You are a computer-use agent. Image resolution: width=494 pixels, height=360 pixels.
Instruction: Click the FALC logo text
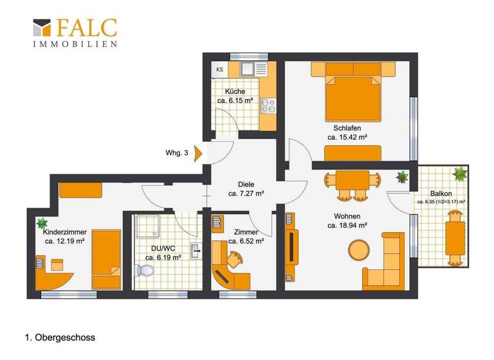pyautogui.click(x=86, y=27)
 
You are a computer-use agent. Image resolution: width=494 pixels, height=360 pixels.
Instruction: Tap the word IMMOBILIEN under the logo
pyautogui.click(x=75, y=44)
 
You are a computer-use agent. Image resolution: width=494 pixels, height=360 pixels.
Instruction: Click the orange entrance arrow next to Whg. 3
pyautogui.click(x=198, y=152)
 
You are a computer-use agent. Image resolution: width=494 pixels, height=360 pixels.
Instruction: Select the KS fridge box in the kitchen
pyautogui.click(x=220, y=69)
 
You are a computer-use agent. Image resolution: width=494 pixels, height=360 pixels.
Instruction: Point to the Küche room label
pyautogui.click(x=235, y=91)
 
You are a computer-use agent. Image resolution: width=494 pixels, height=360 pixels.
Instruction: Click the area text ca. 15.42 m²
pyautogui.click(x=347, y=138)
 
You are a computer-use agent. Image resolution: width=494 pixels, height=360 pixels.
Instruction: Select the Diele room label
pyautogui.click(x=246, y=183)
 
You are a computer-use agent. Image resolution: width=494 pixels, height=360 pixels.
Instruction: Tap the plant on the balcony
pyautogui.click(x=461, y=174)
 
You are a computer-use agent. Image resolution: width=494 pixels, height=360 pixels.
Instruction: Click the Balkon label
pyautogui.click(x=441, y=194)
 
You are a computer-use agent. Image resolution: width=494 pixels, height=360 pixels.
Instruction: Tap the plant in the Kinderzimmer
pyautogui.click(x=42, y=223)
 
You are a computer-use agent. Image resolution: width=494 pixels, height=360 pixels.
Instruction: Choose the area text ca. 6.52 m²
pyautogui.click(x=246, y=242)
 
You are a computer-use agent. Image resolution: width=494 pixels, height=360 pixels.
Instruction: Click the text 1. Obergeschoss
pyautogui.click(x=60, y=336)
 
